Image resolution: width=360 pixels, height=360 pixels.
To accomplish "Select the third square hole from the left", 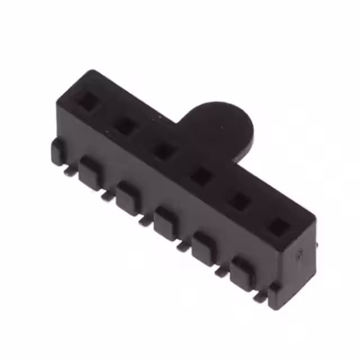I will (164, 150).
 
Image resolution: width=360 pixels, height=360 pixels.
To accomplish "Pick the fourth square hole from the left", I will (200, 177).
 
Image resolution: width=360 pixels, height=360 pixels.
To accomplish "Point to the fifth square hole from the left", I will (240, 201).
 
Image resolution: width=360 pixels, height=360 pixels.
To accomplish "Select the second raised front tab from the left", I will (90, 171).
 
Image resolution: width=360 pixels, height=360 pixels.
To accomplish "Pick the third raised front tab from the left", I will (128, 196).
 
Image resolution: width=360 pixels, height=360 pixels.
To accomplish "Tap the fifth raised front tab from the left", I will (204, 247).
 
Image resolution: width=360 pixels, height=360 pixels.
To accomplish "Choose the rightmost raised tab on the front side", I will (242, 273).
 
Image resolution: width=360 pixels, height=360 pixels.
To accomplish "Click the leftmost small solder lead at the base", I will (69, 170).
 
